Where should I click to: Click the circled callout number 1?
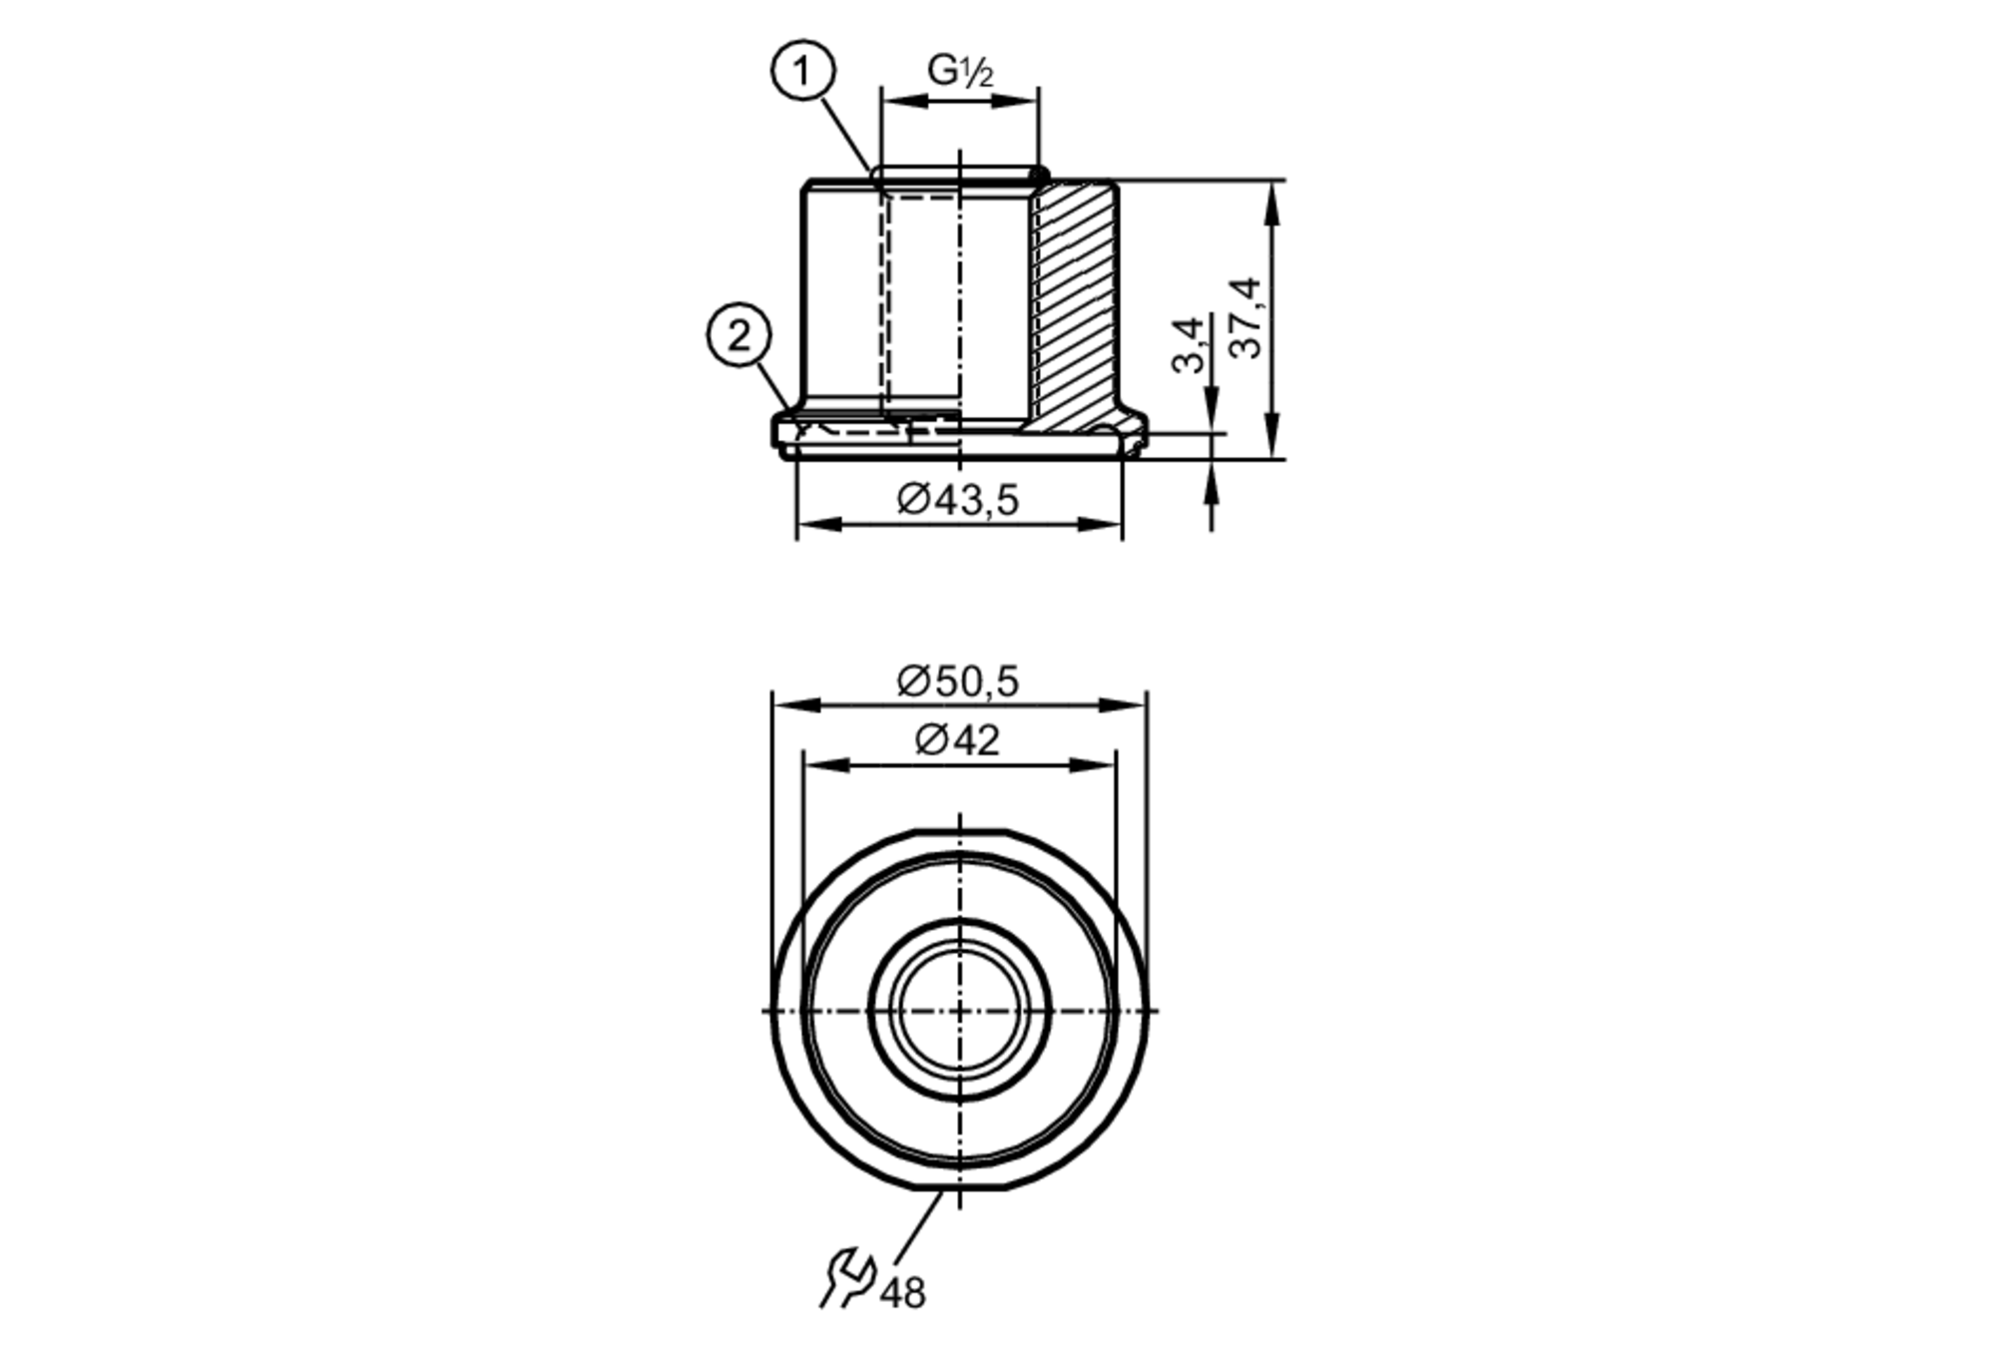(x=802, y=72)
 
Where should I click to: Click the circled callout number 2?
(x=739, y=336)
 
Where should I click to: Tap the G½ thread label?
(x=960, y=70)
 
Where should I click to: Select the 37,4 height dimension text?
(x=1246, y=317)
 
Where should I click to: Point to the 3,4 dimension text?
(x=1188, y=345)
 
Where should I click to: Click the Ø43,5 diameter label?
(x=958, y=499)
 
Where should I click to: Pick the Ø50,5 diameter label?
(x=958, y=681)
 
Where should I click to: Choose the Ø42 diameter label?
(x=957, y=740)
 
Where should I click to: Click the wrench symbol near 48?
(x=846, y=1279)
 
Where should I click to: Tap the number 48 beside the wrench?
(x=903, y=1293)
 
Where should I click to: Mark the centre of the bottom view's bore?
(x=959, y=1011)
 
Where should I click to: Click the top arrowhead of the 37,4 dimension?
(x=1270, y=196)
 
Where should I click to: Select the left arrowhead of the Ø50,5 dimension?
(x=788, y=704)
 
